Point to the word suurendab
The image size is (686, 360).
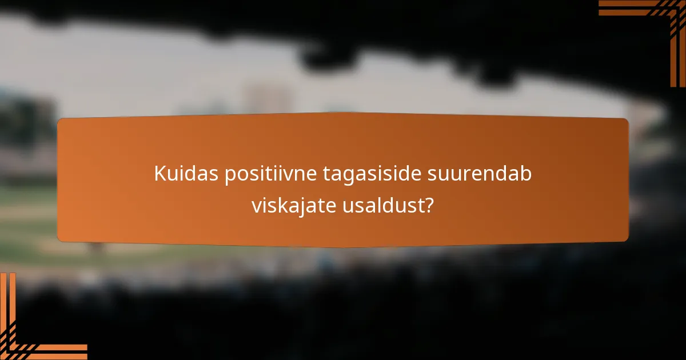tap(480, 174)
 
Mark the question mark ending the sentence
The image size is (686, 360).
tap(428, 205)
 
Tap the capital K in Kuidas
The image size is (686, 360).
tap(159, 174)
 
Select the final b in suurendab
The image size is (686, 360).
tap(526, 174)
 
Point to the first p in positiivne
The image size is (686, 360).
tap(228, 176)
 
